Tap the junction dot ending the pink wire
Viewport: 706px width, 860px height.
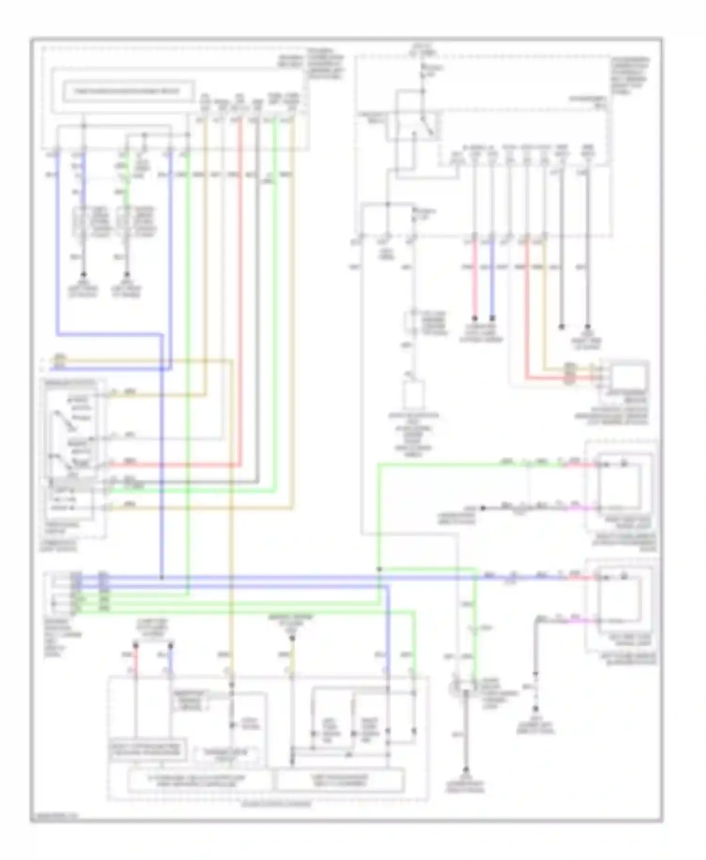(x=474, y=318)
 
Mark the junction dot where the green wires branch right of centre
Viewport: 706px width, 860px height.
(x=379, y=569)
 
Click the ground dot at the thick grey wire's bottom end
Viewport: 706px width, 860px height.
(x=466, y=770)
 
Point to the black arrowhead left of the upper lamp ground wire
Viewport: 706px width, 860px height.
(x=482, y=508)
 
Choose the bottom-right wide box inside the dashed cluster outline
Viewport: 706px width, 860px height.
(x=340, y=781)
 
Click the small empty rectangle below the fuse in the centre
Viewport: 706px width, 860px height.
(x=413, y=395)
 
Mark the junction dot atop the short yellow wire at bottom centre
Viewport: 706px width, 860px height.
(x=292, y=638)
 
